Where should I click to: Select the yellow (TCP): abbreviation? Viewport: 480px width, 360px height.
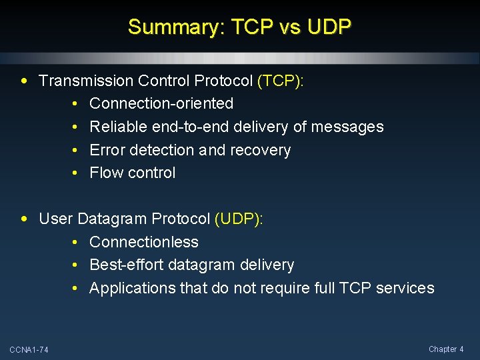tap(280, 81)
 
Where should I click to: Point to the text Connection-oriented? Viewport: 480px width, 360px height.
tap(161, 103)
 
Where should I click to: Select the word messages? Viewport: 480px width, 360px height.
tap(349, 127)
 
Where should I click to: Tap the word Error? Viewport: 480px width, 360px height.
tap(108, 150)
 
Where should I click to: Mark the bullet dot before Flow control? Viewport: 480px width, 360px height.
tap(76, 173)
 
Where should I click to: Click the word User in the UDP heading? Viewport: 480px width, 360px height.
tap(56, 219)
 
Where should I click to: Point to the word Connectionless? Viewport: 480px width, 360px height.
tap(144, 242)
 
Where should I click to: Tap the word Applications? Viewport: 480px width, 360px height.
tap(133, 288)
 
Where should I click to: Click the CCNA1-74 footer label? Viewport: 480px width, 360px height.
tap(29, 350)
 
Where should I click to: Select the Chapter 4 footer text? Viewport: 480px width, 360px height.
tap(446, 349)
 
